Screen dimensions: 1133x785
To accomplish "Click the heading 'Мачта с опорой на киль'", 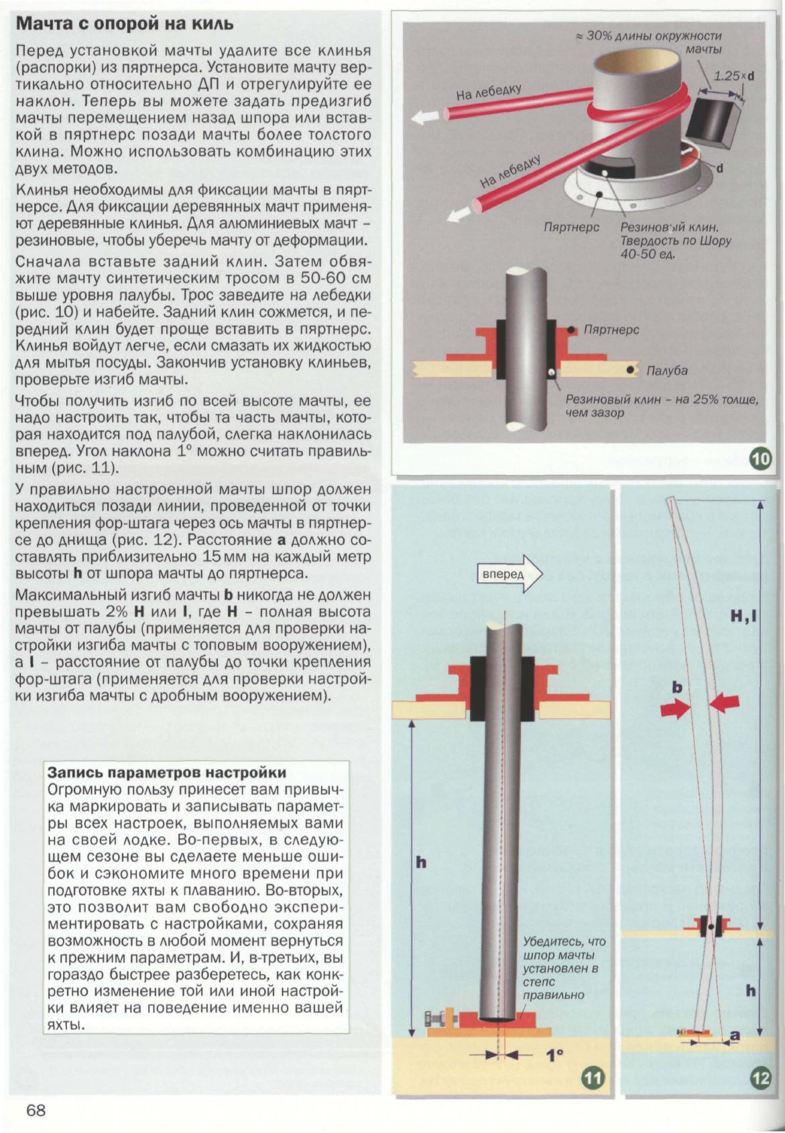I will click(x=125, y=24).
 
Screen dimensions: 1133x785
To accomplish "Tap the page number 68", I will click(x=36, y=1110).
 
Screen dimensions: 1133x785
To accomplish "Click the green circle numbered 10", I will click(x=761, y=459).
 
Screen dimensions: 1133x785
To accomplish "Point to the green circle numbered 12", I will click(x=761, y=1079).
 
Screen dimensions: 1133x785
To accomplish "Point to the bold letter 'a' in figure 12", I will click(x=735, y=1035).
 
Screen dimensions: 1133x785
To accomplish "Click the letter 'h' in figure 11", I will click(x=421, y=862).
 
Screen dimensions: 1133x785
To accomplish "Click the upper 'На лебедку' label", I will click(x=489, y=92).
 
